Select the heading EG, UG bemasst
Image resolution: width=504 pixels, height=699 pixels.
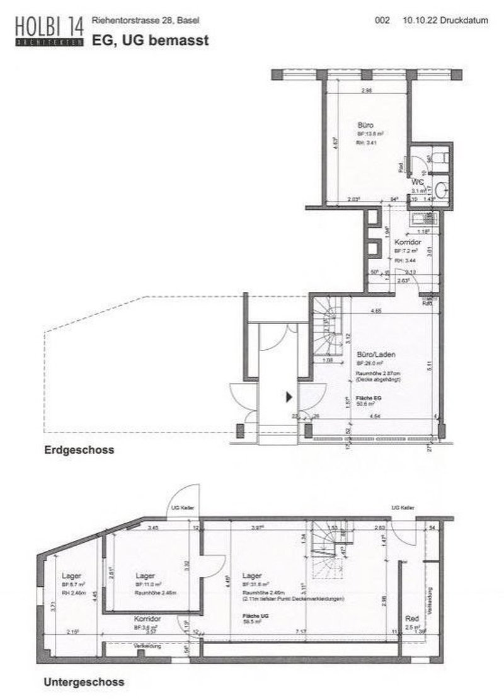click(x=150, y=40)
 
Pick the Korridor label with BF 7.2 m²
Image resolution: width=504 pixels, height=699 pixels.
click(x=407, y=242)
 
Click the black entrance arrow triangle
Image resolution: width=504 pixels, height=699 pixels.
click(x=289, y=397)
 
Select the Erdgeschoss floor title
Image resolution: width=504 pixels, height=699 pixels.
click(x=78, y=451)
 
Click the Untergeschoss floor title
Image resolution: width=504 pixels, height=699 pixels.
click(x=83, y=682)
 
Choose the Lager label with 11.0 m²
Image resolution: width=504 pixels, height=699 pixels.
click(x=146, y=575)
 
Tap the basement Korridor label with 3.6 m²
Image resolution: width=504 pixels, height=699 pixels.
click(x=146, y=619)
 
